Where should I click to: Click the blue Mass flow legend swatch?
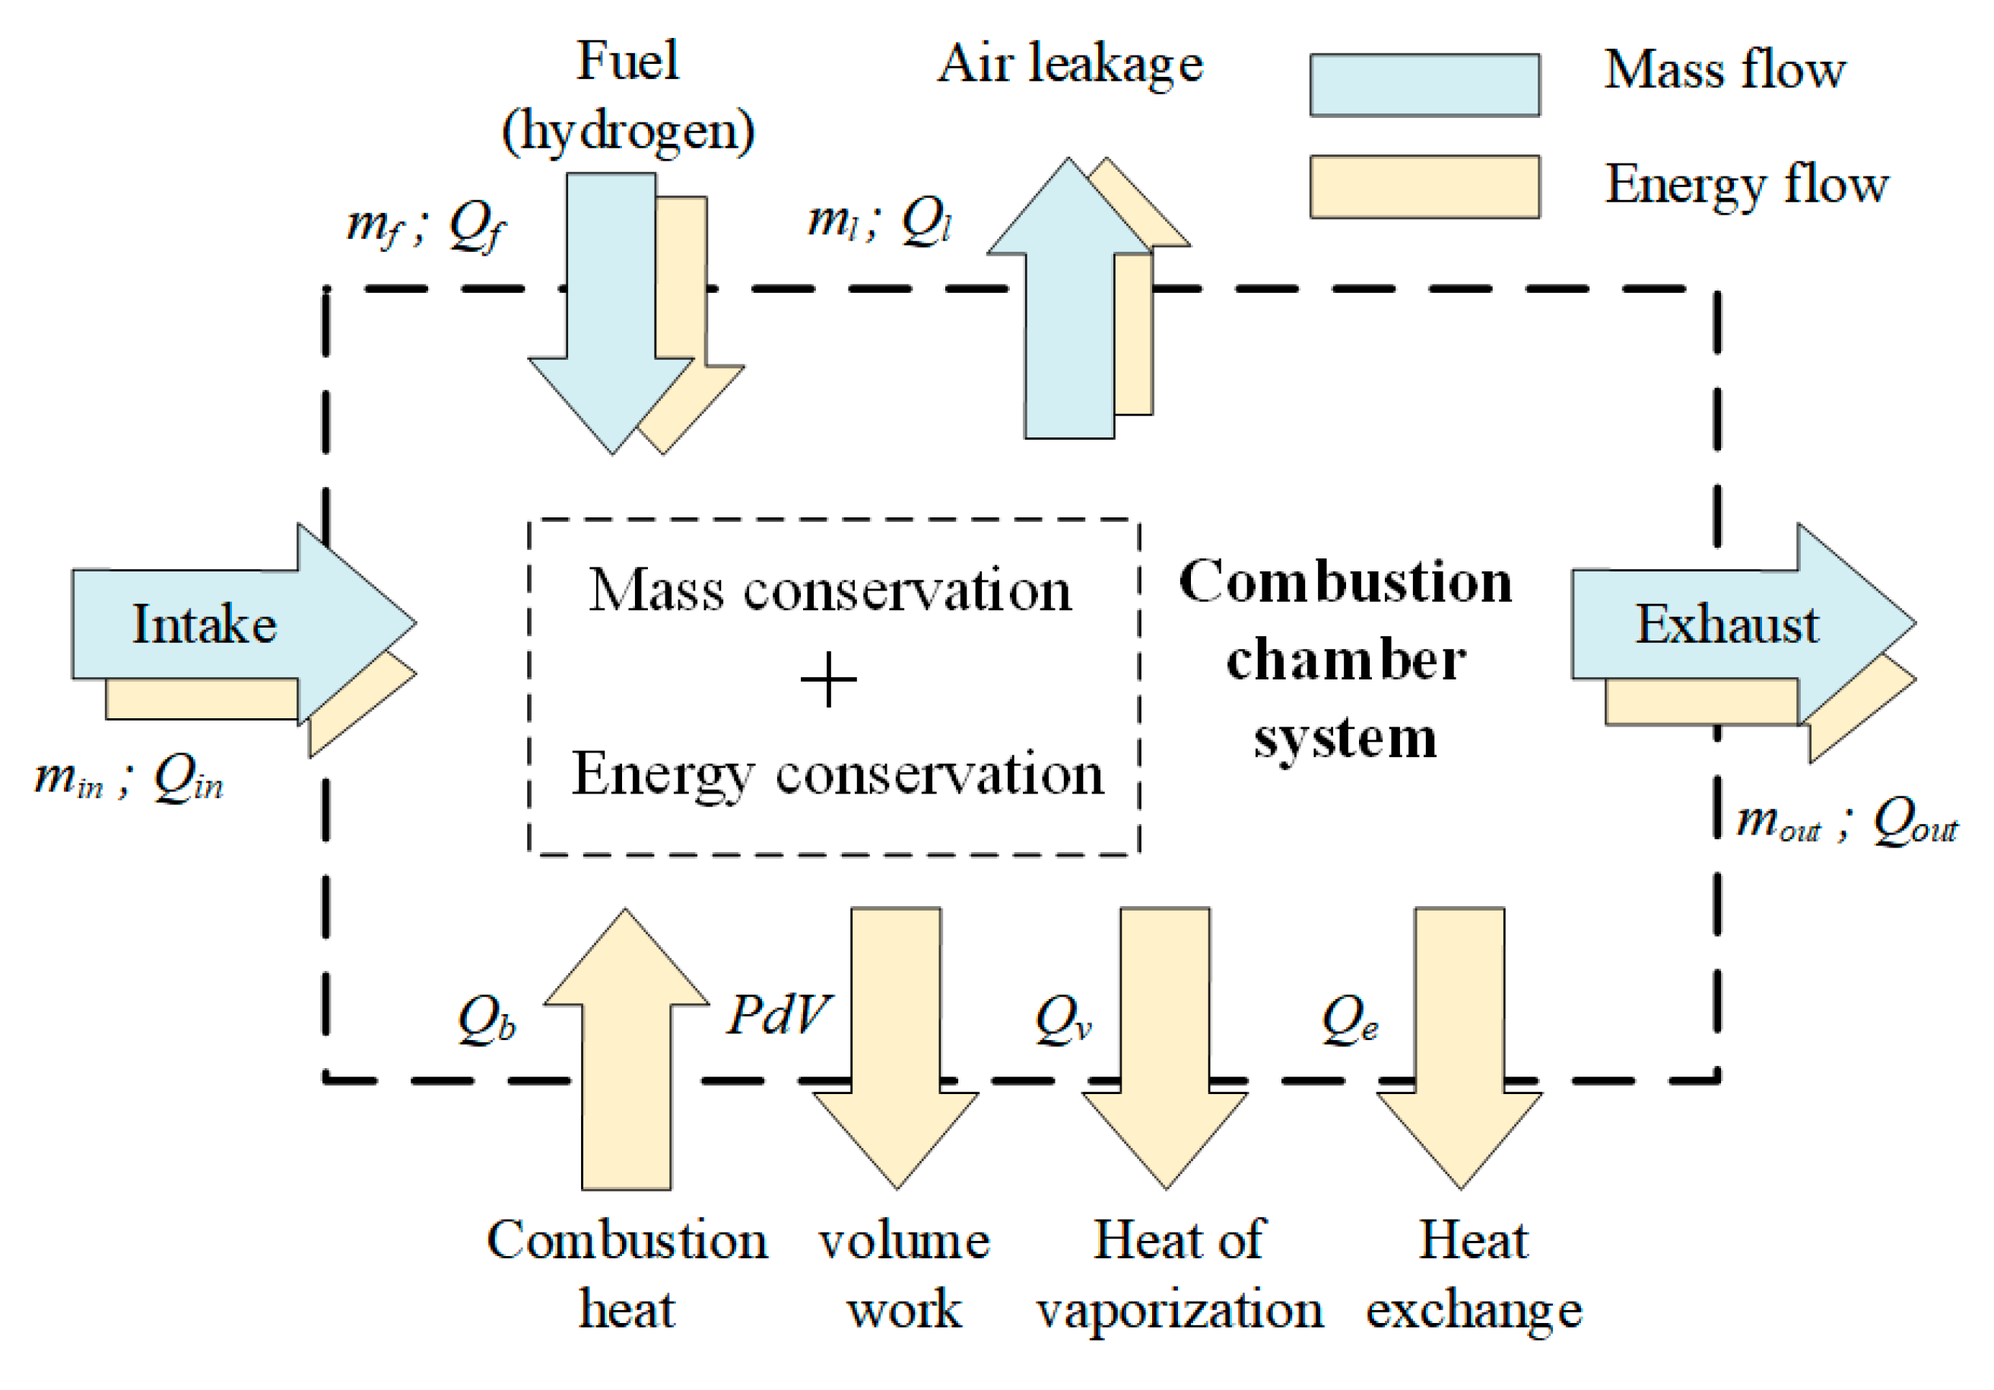point(1424,85)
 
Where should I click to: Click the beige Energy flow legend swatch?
point(1424,187)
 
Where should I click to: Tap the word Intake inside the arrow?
point(204,624)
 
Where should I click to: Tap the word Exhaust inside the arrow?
point(1726,624)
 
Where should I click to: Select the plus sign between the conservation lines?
point(827,679)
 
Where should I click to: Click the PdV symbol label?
point(778,1014)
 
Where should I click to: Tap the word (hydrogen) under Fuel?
point(628,132)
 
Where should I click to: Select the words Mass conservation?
point(830,590)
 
